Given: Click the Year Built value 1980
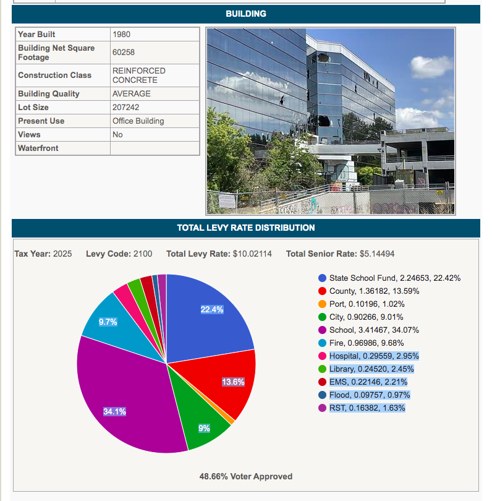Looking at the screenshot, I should click(x=121, y=35).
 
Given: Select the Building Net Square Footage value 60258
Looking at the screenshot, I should click(x=124, y=53).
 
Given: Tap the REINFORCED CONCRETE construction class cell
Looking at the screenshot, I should click(x=138, y=75).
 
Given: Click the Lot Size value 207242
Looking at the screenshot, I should click(x=125, y=108).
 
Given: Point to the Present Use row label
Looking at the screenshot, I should click(x=41, y=121).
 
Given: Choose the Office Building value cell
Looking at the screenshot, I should click(x=138, y=121).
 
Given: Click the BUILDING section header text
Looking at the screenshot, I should click(x=246, y=14).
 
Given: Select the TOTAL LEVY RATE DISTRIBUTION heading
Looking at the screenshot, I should click(x=246, y=228).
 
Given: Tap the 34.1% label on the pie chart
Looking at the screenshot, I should click(x=115, y=411).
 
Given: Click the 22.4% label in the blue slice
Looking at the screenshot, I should click(x=212, y=309).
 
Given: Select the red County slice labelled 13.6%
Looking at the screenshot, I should click(x=233, y=382).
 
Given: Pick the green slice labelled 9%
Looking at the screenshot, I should click(x=205, y=428).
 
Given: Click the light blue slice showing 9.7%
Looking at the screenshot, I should click(x=108, y=322).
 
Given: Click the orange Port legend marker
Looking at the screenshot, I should click(x=322, y=304).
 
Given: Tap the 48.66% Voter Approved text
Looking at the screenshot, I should click(x=246, y=476).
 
